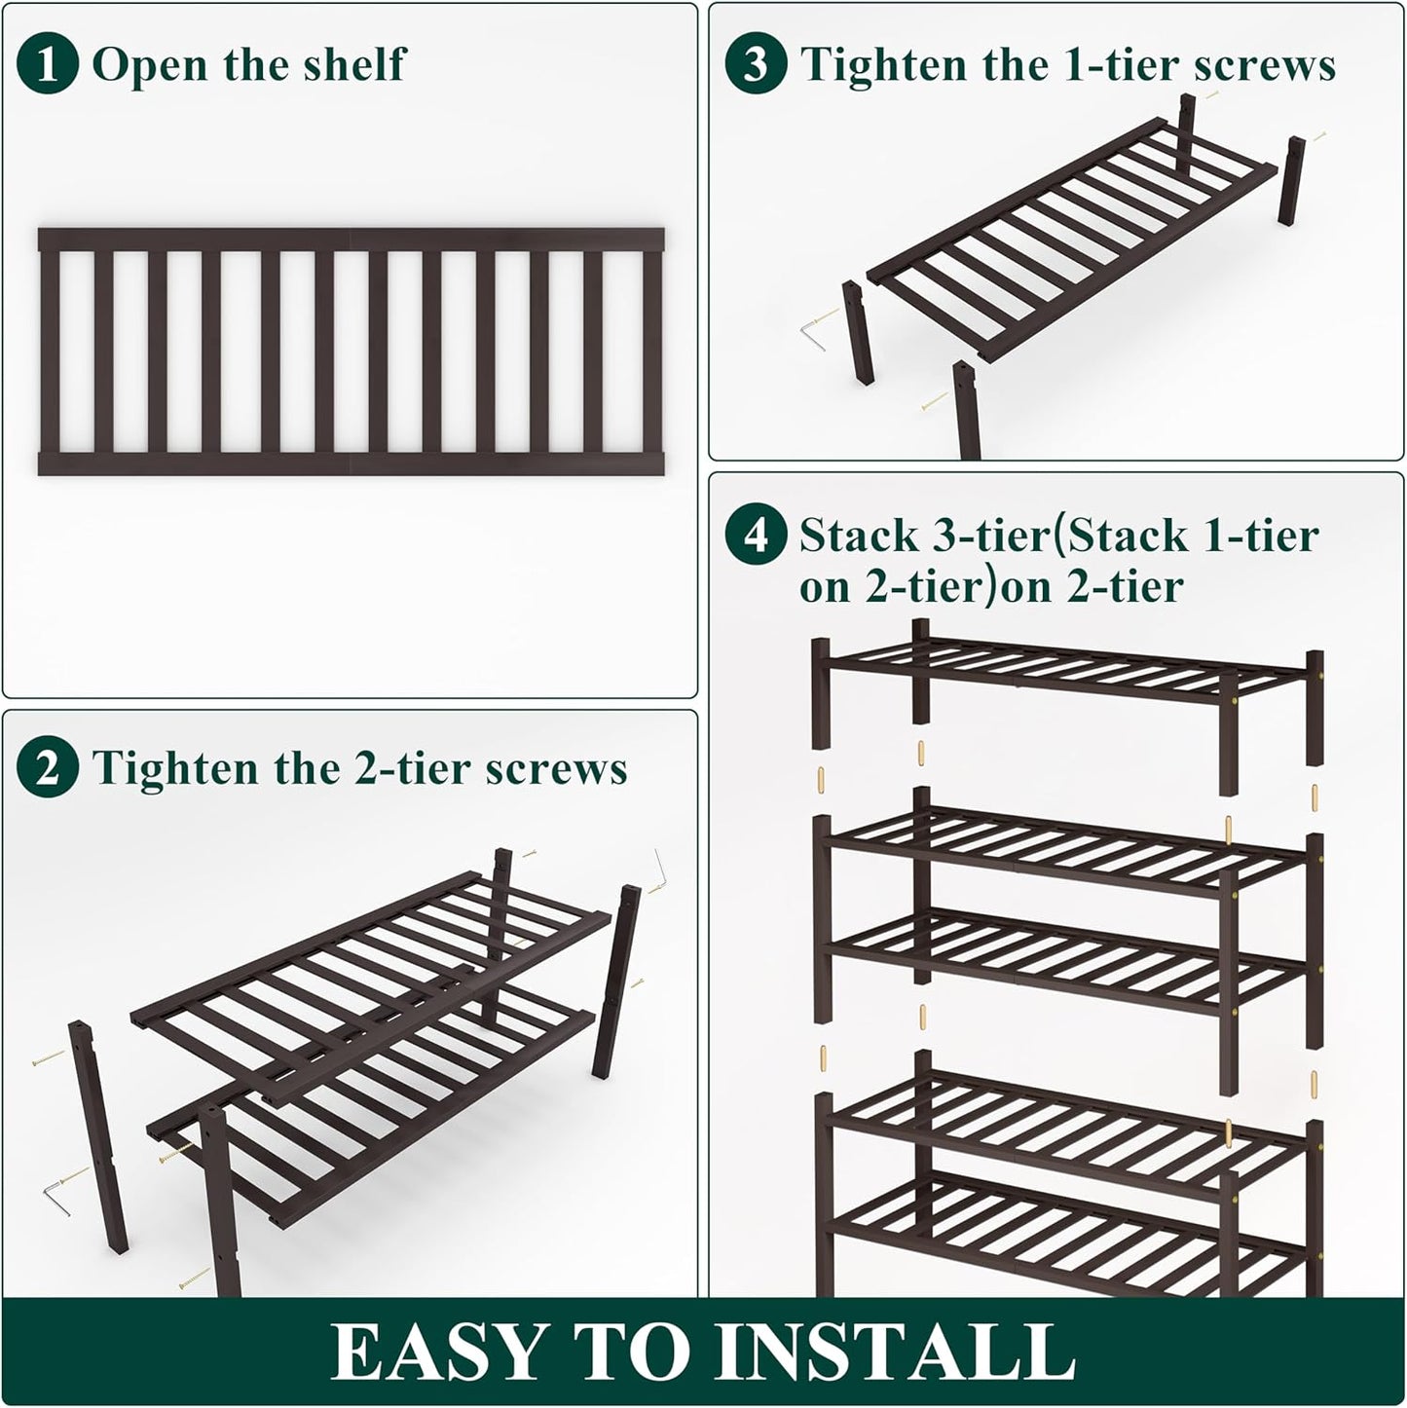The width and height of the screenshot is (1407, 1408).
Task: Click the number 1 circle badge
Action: [47, 65]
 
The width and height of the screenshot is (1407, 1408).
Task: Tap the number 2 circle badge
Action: [47, 768]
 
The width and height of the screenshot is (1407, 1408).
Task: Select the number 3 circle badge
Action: [756, 65]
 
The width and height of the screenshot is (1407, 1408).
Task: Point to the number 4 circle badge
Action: [756, 536]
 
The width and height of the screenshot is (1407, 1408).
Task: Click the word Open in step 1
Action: [149, 65]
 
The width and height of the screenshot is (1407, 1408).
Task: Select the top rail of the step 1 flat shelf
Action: [351, 240]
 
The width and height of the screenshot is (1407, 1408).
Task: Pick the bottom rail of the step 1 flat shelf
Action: [351, 463]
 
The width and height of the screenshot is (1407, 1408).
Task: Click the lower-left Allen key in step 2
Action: [56, 1197]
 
